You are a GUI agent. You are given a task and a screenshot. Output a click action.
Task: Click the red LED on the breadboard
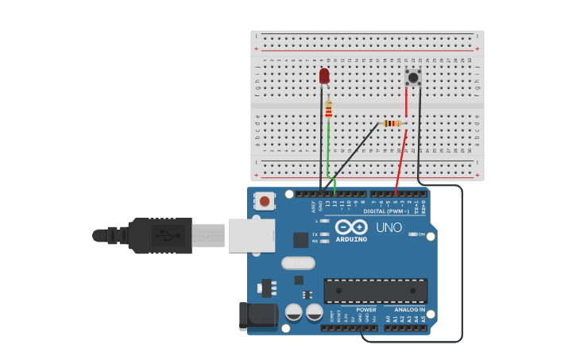click(x=324, y=75)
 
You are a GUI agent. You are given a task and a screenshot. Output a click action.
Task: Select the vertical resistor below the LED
click(x=328, y=110)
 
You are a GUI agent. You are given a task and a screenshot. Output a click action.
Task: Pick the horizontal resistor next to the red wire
click(x=392, y=123)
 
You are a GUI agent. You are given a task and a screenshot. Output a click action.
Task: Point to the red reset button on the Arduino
click(x=265, y=202)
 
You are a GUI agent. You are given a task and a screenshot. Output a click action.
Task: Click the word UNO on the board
click(x=389, y=227)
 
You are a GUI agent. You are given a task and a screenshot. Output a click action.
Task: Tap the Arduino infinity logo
click(x=351, y=226)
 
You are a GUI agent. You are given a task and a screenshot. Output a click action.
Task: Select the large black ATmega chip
click(x=375, y=290)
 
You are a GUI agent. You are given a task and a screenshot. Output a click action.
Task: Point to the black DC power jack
click(x=257, y=315)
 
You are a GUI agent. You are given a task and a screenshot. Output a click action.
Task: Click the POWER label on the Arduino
click(x=366, y=309)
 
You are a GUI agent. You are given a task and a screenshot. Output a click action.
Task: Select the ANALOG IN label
click(x=410, y=309)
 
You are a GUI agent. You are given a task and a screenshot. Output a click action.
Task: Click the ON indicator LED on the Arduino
click(x=412, y=234)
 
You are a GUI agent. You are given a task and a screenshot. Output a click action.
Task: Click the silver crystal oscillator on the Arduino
click(x=298, y=263)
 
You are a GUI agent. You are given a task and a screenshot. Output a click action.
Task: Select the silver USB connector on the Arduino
click(x=251, y=235)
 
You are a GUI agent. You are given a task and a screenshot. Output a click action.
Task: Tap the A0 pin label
click(x=389, y=319)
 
